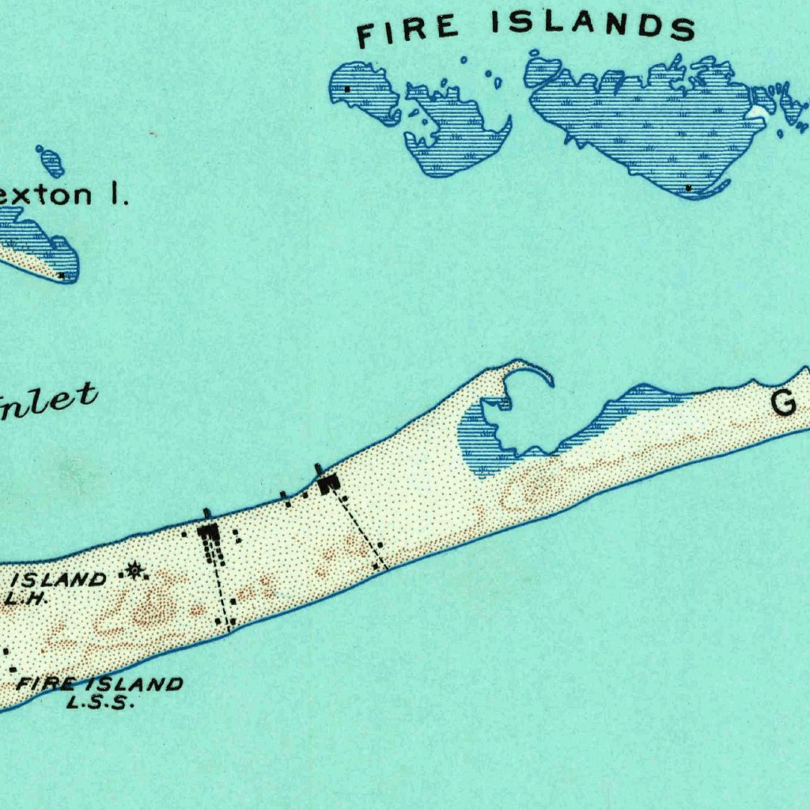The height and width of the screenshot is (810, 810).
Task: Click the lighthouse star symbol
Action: pyautogui.click(x=134, y=569)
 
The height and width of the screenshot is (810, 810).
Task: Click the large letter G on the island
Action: pyautogui.click(x=783, y=404)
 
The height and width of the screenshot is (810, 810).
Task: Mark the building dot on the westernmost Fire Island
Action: pyautogui.click(x=346, y=89)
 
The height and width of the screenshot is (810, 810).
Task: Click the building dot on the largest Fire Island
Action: pyautogui.click(x=689, y=187)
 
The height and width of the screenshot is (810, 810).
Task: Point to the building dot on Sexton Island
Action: pyautogui.click(x=62, y=275)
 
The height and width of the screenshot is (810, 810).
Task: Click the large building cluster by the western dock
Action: pyautogui.click(x=210, y=538)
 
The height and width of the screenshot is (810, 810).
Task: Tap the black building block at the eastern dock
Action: pyautogui.click(x=328, y=482)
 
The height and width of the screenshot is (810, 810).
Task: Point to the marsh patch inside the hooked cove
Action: pyautogui.click(x=478, y=443)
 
